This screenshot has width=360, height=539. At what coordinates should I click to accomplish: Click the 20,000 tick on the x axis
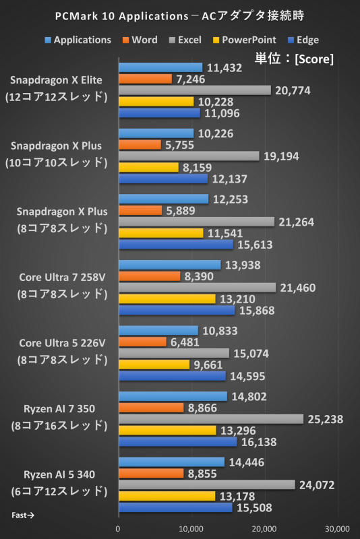(x=264, y=528)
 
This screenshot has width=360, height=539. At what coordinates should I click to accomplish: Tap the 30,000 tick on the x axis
(x=337, y=528)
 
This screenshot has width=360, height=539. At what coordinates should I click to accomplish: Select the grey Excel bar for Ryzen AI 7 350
(x=211, y=419)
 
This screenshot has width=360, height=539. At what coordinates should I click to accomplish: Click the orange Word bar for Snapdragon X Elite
(x=145, y=79)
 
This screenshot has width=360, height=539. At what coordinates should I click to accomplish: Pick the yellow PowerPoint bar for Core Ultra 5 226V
(x=154, y=364)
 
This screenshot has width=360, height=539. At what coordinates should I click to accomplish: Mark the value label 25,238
(x=326, y=419)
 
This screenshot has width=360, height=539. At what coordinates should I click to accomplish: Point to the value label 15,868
(x=257, y=310)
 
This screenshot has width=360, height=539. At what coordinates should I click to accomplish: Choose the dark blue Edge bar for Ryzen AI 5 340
(x=175, y=507)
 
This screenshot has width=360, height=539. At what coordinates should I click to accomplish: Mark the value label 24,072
(x=318, y=484)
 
